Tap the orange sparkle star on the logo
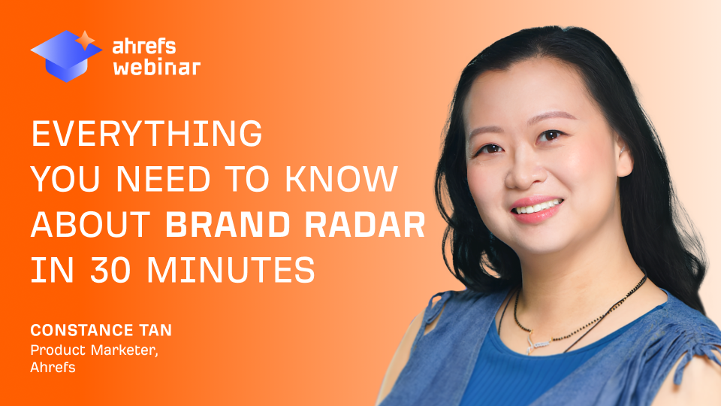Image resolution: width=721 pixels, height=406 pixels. click(x=88, y=39)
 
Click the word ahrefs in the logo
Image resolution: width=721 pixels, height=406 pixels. click(x=143, y=46)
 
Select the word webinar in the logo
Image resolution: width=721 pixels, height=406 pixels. click(x=156, y=68)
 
